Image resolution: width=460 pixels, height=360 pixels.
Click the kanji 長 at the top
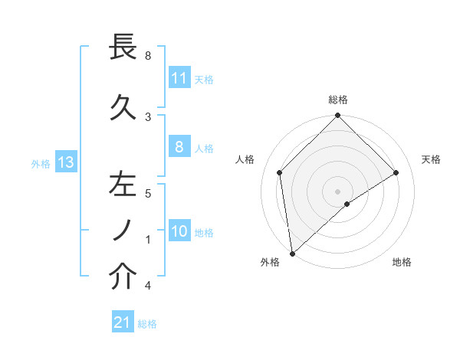tap(123, 48)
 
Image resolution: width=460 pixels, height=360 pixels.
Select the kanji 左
tap(123, 185)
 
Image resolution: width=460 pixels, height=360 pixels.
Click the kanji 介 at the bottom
tap(123, 277)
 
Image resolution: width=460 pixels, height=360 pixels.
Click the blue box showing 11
tap(179, 77)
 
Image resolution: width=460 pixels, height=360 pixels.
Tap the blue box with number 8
tap(179, 147)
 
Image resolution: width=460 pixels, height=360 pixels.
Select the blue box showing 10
tap(179, 231)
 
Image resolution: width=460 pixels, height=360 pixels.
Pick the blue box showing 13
tap(65, 162)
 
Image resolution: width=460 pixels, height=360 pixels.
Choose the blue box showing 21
tap(123, 322)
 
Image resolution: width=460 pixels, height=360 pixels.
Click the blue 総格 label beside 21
tap(148, 324)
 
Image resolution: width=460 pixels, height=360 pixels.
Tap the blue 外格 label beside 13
tap(40, 163)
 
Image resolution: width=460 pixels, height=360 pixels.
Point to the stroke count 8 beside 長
tap(147, 56)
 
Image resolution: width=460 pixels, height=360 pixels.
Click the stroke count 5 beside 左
tap(147, 194)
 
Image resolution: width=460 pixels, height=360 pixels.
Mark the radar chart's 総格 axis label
tap(338, 100)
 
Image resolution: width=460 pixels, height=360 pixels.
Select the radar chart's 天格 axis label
tap(432, 159)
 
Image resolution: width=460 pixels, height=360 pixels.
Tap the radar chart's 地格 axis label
tap(402, 262)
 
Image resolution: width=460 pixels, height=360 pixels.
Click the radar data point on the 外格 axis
tap(292, 253)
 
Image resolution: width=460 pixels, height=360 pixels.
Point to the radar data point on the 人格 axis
tap(280, 172)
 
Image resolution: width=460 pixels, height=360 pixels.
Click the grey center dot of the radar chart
tap(337, 191)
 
